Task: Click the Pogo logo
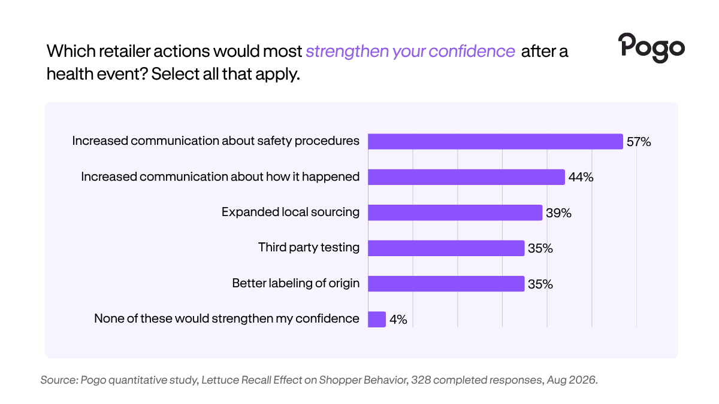coord(651,48)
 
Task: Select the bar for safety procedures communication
coord(496,141)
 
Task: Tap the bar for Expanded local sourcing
coord(455,212)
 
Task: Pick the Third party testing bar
coord(446,248)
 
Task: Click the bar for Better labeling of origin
coord(446,284)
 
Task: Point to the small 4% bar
coord(377,320)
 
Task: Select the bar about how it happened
coord(466,177)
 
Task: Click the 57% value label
coord(639,142)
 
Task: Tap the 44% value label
coord(581,177)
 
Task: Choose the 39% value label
coord(559,213)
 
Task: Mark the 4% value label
coord(398,320)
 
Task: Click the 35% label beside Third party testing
coord(540,248)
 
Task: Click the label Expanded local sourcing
coord(291,212)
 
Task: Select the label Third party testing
coord(309,248)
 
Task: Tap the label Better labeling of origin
coord(295,284)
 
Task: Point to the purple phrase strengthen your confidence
coord(410,51)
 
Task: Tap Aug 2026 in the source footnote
coord(572,380)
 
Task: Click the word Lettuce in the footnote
coord(220,380)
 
